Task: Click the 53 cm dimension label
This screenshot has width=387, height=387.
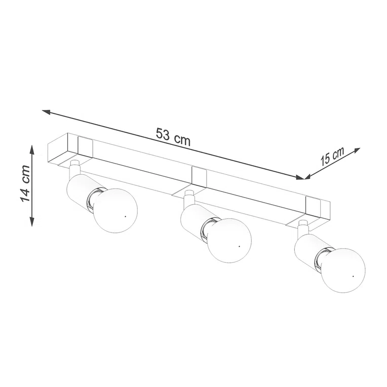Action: [x=173, y=137]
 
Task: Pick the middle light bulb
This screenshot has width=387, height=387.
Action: [x=230, y=240]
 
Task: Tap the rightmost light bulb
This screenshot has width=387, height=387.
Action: [x=343, y=269]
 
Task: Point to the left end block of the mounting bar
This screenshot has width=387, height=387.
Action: [x=71, y=148]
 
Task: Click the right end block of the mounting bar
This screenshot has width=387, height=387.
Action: [x=318, y=209]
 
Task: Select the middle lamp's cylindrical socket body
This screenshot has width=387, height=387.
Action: [x=192, y=219]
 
